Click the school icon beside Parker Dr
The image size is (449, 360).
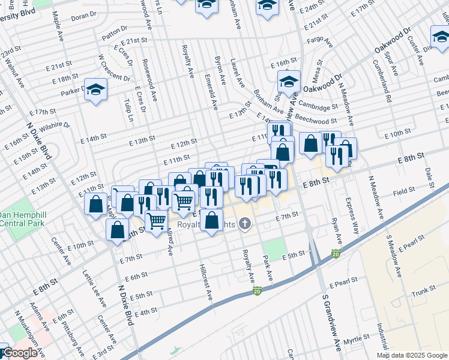pos(95,90)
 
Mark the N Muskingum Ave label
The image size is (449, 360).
pos(30,332)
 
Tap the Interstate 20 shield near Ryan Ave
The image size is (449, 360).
pos(335,254)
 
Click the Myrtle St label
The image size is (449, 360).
pos(355,340)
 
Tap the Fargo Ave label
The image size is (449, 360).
pos(319,41)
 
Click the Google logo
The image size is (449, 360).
pos(19,353)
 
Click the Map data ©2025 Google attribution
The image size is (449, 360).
pos(411,355)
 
